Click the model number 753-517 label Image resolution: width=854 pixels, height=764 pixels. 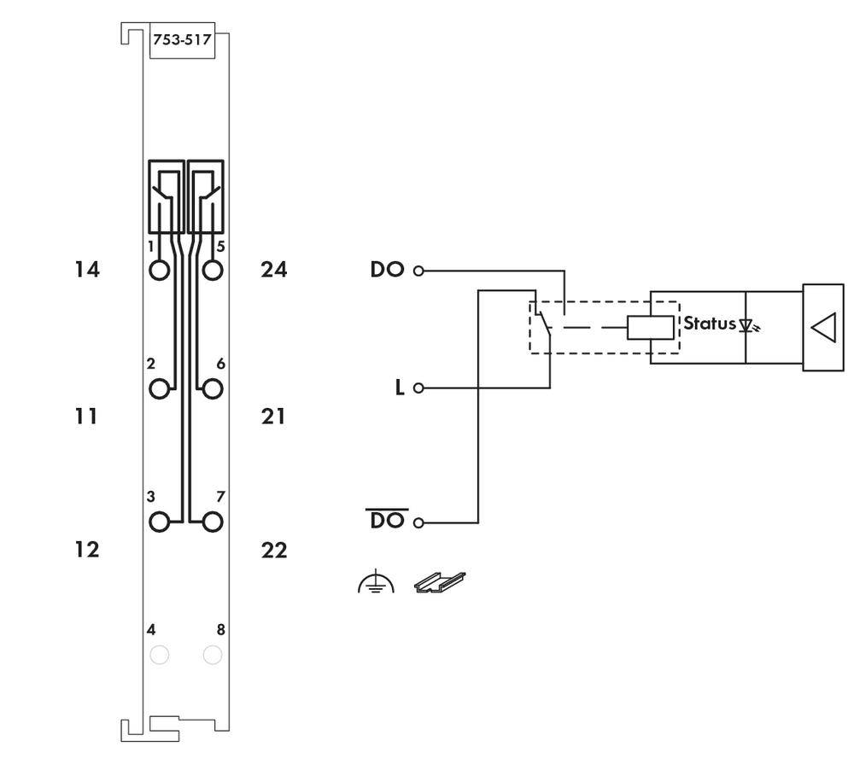pyautogui.click(x=182, y=39)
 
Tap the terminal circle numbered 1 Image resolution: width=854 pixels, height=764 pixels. pyautogui.click(x=159, y=271)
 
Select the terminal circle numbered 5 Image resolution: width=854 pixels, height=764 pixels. pyautogui.click(x=213, y=271)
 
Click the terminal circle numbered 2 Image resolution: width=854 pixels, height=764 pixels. pyautogui.click(x=159, y=388)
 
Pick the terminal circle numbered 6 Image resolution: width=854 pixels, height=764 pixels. pyautogui.click(x=213, y=388)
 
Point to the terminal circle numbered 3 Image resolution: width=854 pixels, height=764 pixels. pyautogui.click(x=159, y=521)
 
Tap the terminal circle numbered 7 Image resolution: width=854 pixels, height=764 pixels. pyautogui.click(x=213, y=521)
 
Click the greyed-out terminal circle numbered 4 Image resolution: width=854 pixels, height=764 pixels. pyautogui.click(x=159, y=655)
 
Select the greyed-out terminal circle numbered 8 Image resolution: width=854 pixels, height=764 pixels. pyautogui.click(x=213, y=655)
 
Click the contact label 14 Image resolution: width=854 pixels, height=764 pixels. pyautogui.click(x=85, y=270)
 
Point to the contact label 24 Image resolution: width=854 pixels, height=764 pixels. pyautogui.click(x=274, y=270)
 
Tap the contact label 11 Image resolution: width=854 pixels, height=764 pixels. pyautogui.click(x=85, y=417)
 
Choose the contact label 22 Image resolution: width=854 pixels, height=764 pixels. pyautogui.click(x=274, y=550)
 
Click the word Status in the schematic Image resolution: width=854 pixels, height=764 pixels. pyautogui.click(x=709, y=324)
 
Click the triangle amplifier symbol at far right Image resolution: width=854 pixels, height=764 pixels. pyautogui.click(x=822, y=328)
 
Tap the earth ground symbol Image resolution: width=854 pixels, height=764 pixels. pyautogui.click(x=376, y=584)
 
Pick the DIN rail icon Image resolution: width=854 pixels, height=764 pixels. pyautogui.click(x=440, y=582)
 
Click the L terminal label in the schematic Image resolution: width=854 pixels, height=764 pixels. pyautogui.click(x=399, y=388)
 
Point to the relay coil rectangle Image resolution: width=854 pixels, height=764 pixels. pyautogui.click(x=650, y=327)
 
